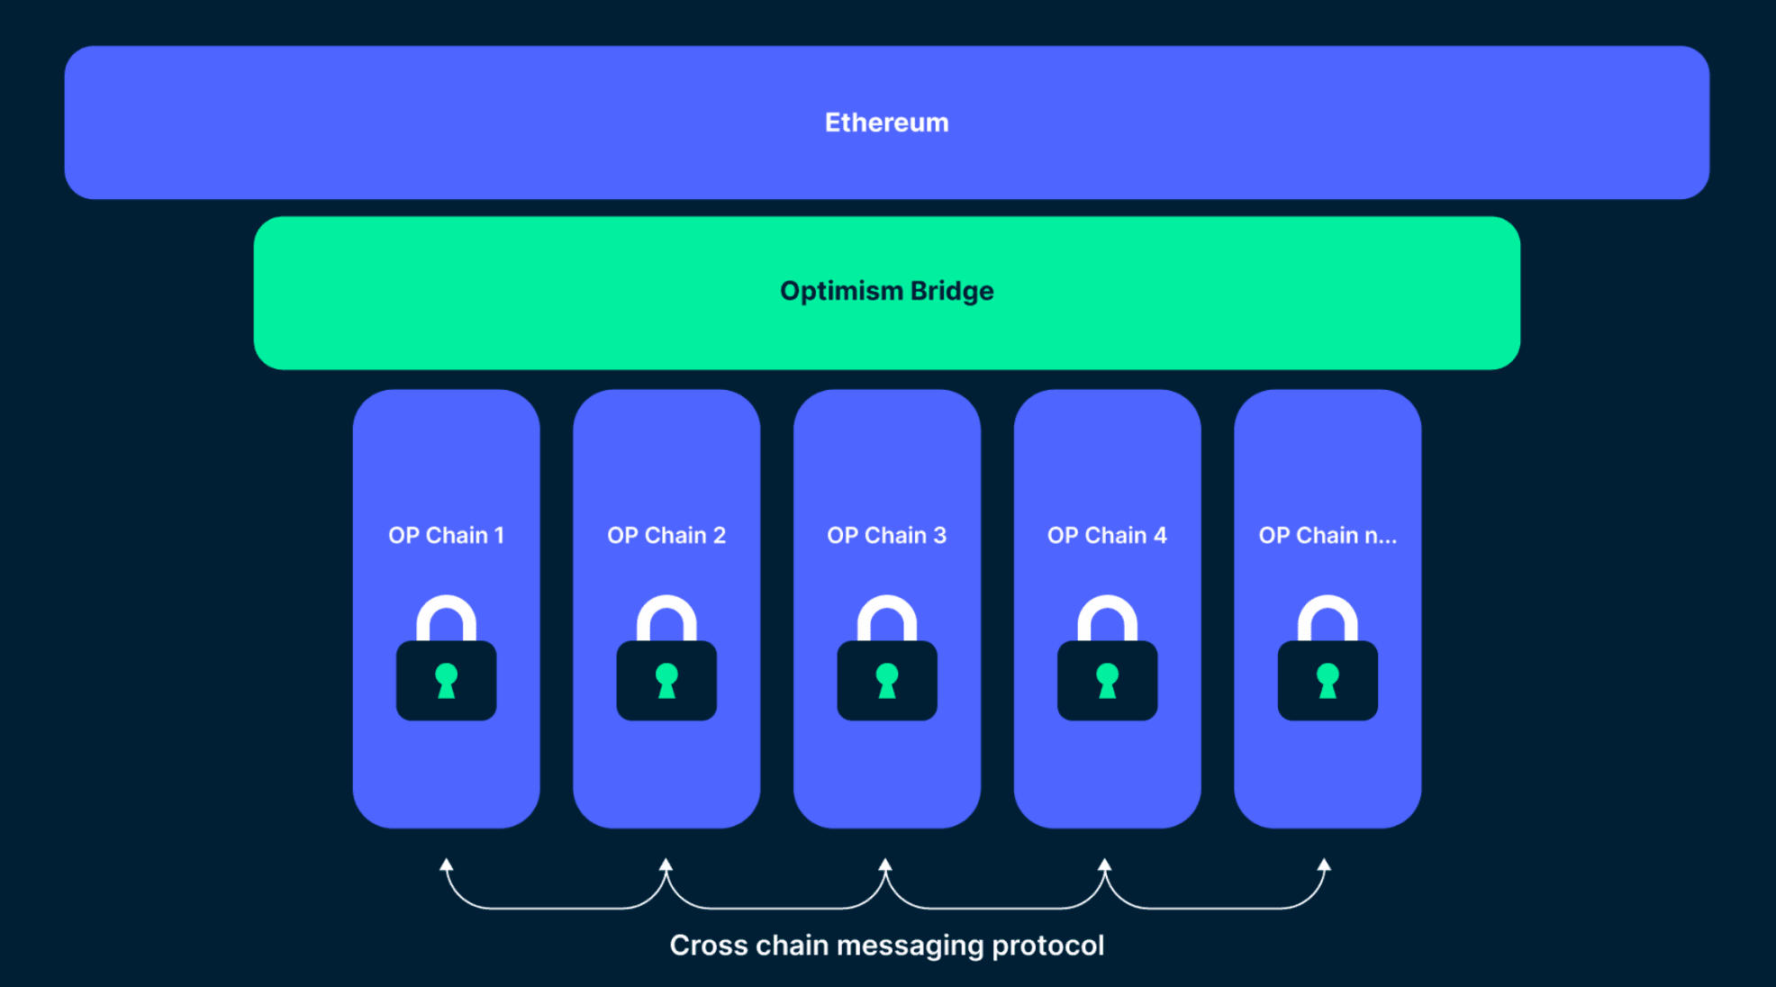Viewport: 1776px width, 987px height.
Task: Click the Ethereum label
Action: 886,122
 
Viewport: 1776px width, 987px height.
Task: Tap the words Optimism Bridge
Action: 886,291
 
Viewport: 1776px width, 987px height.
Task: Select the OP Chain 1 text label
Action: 446,536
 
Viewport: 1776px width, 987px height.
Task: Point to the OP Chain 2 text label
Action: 666,536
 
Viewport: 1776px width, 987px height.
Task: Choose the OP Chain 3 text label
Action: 886,536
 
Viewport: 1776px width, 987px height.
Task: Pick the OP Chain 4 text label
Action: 1107,536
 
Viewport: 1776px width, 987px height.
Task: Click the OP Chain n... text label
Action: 1327,536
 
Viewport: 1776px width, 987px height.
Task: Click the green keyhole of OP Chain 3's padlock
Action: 886,681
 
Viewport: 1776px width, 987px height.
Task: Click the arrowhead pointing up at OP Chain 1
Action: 446,865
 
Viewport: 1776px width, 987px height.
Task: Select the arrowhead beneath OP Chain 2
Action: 666,865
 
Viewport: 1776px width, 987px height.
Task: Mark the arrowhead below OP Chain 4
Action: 1104,865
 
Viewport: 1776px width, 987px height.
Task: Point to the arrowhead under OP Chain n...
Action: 1324,865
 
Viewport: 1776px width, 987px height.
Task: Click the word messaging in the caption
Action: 910,946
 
